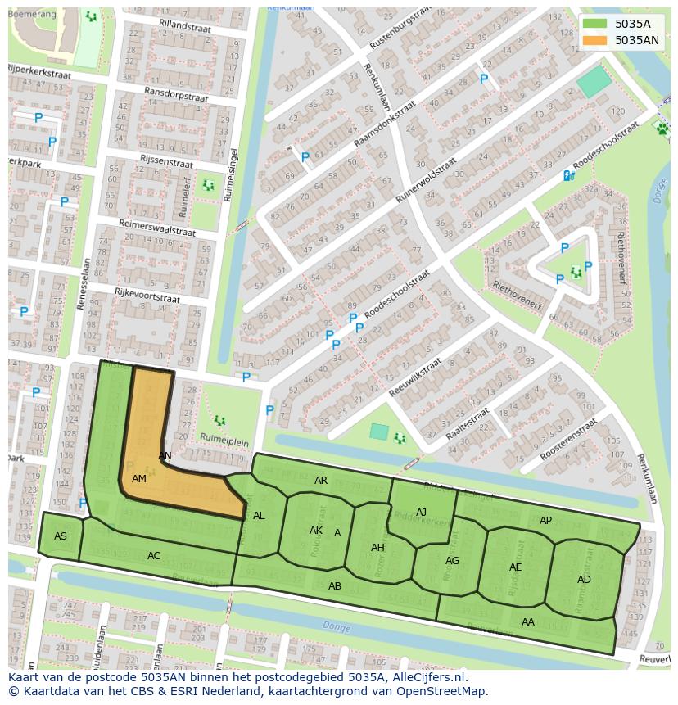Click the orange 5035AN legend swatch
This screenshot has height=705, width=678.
click(x=595, y=39)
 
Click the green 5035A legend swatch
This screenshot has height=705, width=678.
click(x=595, y=24)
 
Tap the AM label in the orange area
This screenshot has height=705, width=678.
click(x=138, y=478)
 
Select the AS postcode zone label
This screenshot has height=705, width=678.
click(x=61, y=536)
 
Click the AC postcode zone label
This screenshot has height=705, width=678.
click(x=154, y=556)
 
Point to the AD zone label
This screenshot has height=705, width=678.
click(x=584, y=580)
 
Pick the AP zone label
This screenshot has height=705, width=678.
click(x=545, y=521)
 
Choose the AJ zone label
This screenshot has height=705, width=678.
click(x=421, y=513)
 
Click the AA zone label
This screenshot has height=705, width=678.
click(x=528, y=622)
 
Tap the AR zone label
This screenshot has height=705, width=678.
click(x=321, y=481)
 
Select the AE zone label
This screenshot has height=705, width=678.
click(x=515, y=567)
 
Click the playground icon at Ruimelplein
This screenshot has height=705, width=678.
click(x=219, y=420)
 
